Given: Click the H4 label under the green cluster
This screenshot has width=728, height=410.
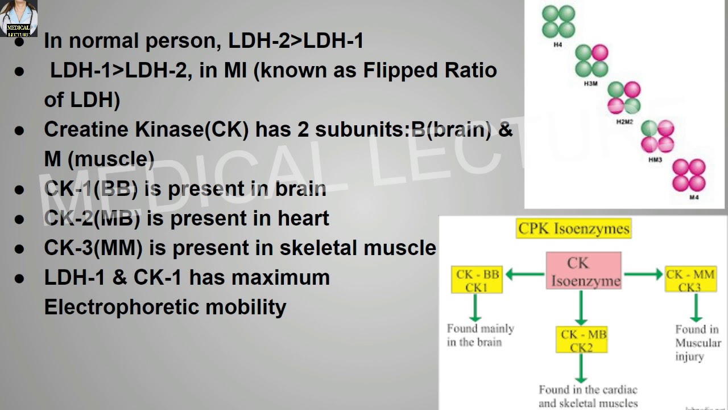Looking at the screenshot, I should click(557, 44).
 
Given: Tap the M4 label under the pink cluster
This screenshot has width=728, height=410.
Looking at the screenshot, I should click(694, 198).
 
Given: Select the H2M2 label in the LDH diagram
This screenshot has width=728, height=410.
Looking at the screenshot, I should click(624, 122).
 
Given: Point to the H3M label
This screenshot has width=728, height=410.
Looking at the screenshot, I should click(590, 84).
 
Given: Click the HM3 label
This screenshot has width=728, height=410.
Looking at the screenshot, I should click(655, 160).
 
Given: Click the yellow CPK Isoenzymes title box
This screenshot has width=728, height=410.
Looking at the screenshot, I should click(574, 229).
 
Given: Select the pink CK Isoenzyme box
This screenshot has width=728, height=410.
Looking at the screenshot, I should click(584, 272).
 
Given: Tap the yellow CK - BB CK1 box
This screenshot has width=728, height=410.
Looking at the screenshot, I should click(477, 280).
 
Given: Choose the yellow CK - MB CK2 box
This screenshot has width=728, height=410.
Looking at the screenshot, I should click(581, 340).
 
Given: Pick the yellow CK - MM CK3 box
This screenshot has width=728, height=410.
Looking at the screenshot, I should click(690, 280).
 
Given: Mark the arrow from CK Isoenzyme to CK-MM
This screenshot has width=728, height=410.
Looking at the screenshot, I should click(643, 274).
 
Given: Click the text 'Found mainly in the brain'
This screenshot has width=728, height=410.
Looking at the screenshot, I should click(480, 335).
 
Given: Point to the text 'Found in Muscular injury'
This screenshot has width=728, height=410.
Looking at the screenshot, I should click(697, 343).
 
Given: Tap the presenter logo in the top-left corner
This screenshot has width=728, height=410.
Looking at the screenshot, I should click(19, 18).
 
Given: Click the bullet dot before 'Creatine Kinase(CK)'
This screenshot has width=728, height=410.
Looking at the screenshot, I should click(20, 130).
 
